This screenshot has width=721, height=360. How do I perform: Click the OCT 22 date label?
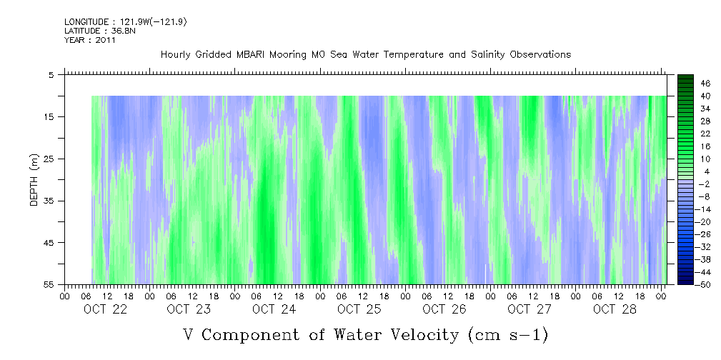(106, 309)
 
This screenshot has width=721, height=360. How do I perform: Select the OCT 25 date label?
(359, 309)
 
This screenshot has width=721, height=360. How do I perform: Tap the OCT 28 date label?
(614, 309)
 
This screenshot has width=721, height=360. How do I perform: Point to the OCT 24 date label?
(274, 309)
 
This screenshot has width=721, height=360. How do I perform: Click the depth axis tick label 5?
(51, 75)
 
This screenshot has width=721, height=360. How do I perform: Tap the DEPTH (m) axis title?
(34, 179)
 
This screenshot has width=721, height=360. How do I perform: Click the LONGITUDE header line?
(126, 22)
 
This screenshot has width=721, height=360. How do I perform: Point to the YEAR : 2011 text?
(90, 40)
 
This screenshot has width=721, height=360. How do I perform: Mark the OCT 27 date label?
(529, 309)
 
